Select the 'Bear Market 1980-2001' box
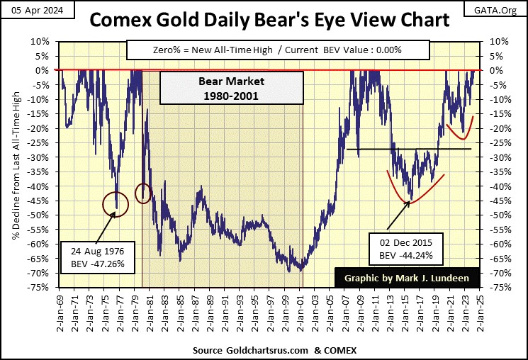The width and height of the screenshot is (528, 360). pyautogui.click(x=213, y=88)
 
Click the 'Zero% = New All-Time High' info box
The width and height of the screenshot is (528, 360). pyautogui.click(x=278, y=50)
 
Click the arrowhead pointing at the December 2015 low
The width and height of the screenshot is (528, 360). pyautogui.click(x=409, y=203)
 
